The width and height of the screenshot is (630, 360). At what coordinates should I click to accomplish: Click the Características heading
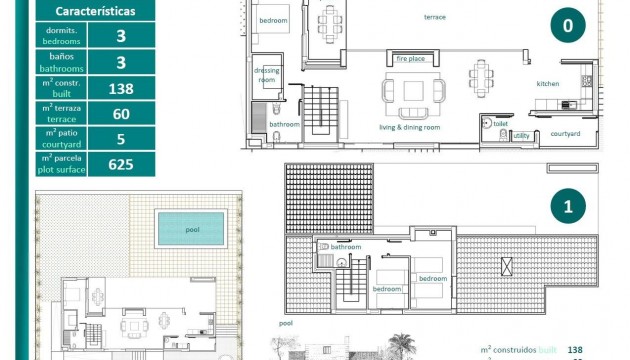(x=97, y=12)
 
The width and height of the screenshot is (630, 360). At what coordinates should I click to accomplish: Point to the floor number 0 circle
(x=568, y=28)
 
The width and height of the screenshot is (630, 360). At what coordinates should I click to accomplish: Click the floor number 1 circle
(x=568, y=207)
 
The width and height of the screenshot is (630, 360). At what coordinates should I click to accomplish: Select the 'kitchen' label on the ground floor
(x=548, y=84)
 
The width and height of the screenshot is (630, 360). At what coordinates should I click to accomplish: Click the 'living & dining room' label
(x=409, y=127)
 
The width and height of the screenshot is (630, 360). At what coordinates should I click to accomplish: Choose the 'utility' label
(x=521, y=134)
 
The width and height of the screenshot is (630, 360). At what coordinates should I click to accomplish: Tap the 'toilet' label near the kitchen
(x=501, y=124)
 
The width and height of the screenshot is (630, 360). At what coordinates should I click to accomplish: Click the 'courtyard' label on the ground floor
(x=565, y=134)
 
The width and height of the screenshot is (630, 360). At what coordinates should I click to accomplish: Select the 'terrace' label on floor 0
(x=435, y=17)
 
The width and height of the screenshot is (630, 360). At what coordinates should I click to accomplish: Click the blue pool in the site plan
(x=190, y=230)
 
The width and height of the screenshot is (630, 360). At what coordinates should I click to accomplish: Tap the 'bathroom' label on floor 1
(x=346, y=246)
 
